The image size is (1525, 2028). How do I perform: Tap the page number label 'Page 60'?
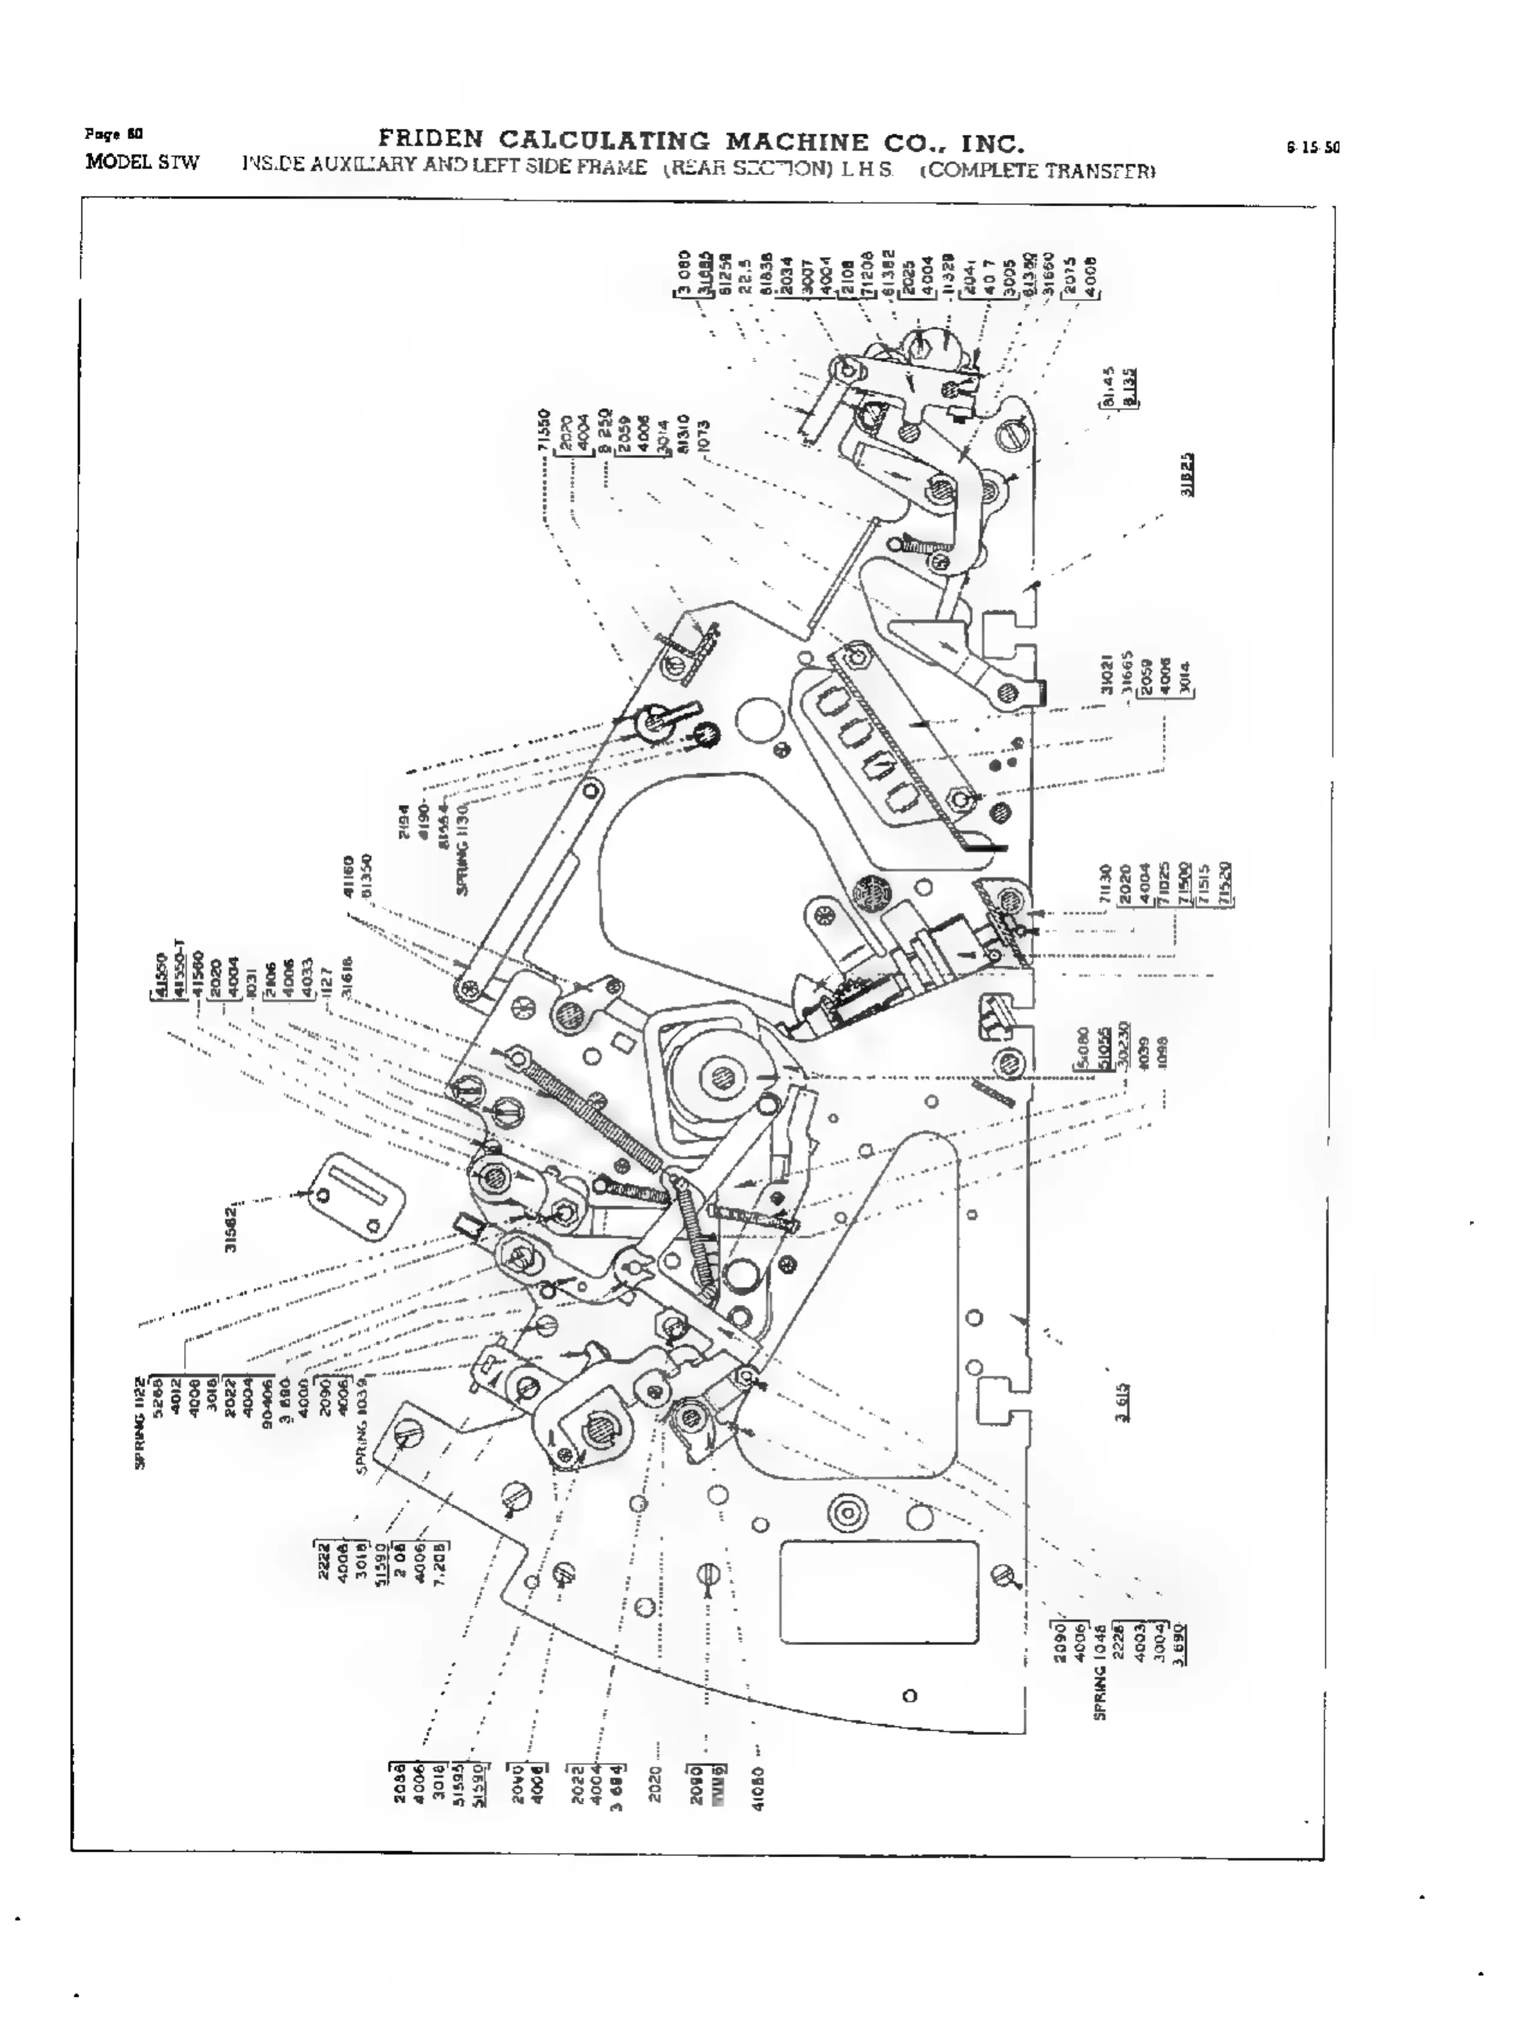(x=102, y=134)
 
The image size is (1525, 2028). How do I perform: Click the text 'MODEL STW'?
(x=141, y=163)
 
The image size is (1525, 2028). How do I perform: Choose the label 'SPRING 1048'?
(x=1101, y=1676)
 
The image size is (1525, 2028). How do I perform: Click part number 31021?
(x=1107, y=675)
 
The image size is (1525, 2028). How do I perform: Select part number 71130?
(x=1107, y=884)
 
